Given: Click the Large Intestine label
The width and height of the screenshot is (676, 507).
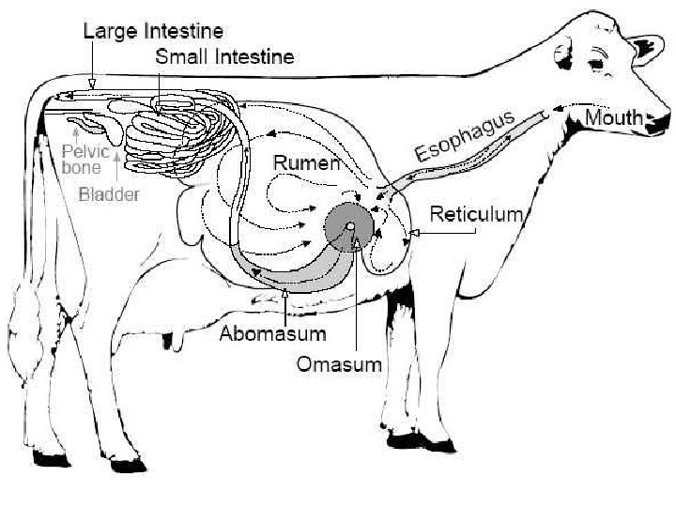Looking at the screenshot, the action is point(153,30).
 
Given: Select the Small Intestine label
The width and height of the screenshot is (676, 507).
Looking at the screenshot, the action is point(224,56).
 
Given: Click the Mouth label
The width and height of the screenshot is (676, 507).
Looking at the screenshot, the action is point(614,117).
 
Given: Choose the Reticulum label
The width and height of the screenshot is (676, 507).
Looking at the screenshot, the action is point(475,214).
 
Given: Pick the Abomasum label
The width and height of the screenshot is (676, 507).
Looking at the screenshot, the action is point(273,333).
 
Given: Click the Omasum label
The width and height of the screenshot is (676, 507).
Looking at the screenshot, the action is point(339,363).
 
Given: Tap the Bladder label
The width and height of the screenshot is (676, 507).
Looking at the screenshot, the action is point(109,195).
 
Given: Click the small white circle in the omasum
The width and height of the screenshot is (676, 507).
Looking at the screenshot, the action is point(349,226).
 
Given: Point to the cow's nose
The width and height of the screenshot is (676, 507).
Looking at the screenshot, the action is point(663,117).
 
